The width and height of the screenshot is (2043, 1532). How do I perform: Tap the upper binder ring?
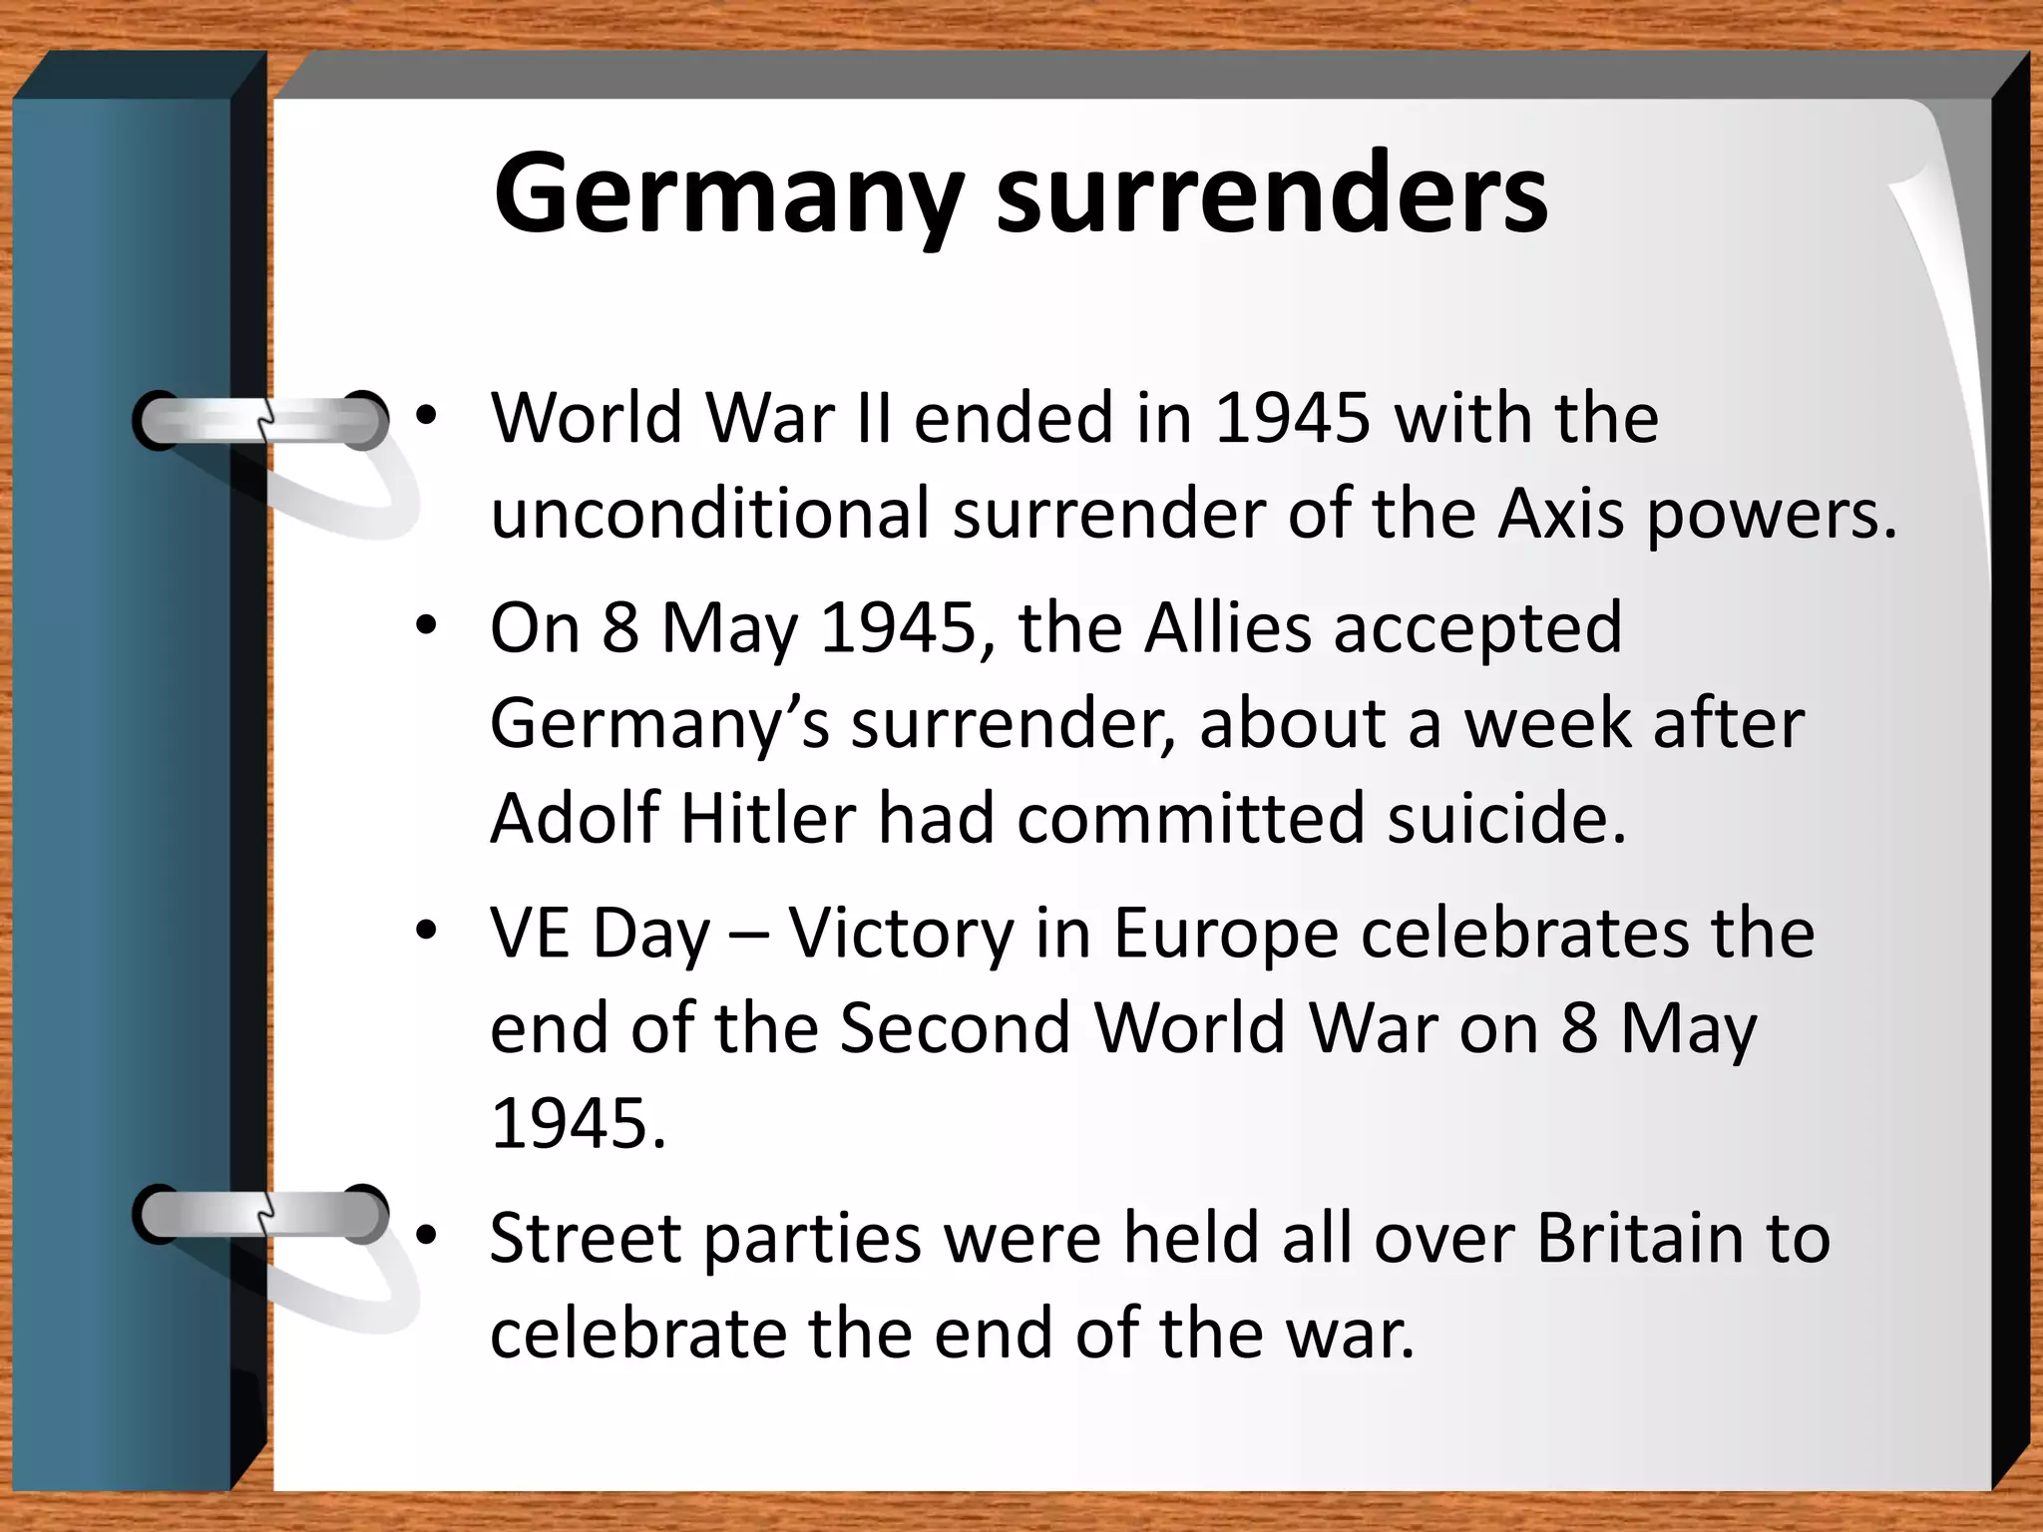[261, 420]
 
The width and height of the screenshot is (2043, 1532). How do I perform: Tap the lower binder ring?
[261, 1214]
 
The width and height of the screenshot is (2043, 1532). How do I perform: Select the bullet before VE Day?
[427, 933]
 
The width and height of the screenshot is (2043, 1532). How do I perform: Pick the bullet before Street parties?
[427, 1237]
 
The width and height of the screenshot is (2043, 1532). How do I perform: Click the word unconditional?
[710, 514]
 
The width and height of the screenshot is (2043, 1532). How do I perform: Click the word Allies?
[1228, 627]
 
